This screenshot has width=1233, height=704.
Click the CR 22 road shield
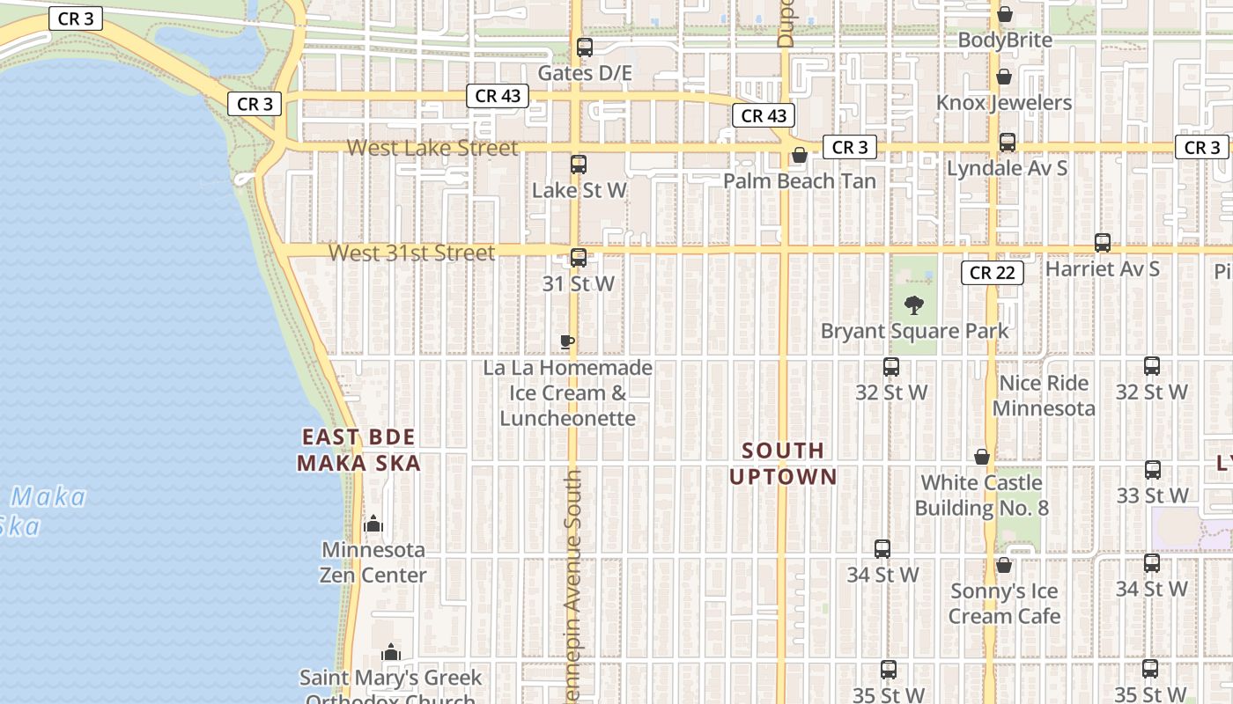992,273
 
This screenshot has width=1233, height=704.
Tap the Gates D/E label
585,73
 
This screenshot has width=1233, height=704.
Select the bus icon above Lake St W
579,165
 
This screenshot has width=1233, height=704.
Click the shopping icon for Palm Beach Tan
800,157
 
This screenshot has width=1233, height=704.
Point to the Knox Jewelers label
1004,103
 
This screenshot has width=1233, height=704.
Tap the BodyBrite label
1004,40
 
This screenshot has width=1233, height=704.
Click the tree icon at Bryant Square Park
914,305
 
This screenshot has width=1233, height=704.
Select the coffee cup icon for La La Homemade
568,341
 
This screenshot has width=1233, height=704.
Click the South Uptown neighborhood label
783,464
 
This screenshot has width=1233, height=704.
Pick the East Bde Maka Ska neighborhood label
358,450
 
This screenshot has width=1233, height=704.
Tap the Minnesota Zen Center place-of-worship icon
373,524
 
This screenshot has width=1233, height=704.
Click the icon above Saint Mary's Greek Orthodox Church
391,653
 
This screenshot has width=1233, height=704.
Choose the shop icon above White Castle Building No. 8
982,458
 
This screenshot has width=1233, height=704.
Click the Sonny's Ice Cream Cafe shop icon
1003,565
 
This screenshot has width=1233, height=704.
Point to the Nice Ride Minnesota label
1044,396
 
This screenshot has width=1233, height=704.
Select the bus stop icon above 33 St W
1153,470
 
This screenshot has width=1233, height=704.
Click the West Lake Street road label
432,148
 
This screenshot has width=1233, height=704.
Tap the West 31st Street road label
412,253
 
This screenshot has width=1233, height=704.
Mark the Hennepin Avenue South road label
573,585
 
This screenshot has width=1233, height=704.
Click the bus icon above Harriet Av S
1102,243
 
